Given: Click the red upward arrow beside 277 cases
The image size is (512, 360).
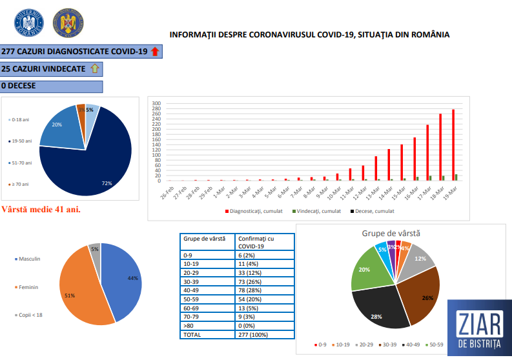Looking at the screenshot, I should (154, 52).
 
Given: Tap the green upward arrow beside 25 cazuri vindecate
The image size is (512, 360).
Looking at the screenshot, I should (94, 68).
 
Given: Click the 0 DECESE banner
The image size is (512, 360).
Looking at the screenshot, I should (52, 86).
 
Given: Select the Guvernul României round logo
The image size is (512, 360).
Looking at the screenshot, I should (27, 24).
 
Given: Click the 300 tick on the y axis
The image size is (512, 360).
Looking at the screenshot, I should (156, 103).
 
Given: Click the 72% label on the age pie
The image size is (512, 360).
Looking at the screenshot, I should (107, 184).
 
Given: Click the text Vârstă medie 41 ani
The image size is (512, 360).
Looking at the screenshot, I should (41, 210).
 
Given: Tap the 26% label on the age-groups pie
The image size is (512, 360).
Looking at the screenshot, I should (427, 298).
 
